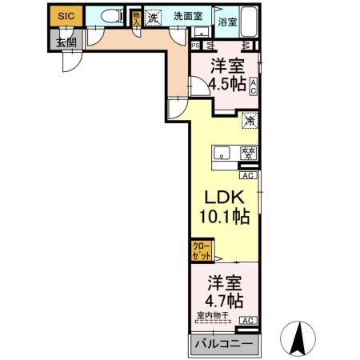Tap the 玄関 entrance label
click(x=65, y=42)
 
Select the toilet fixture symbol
click(x=111, y=15)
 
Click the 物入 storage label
click(x=136, y=18)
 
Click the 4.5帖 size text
click(x=222, y=83)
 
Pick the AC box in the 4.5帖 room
click(x=253, y=86)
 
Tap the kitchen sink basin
click(x=222, y=154)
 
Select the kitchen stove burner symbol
click(x=249, y=153)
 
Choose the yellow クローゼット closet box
click(x=201, y=251)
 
